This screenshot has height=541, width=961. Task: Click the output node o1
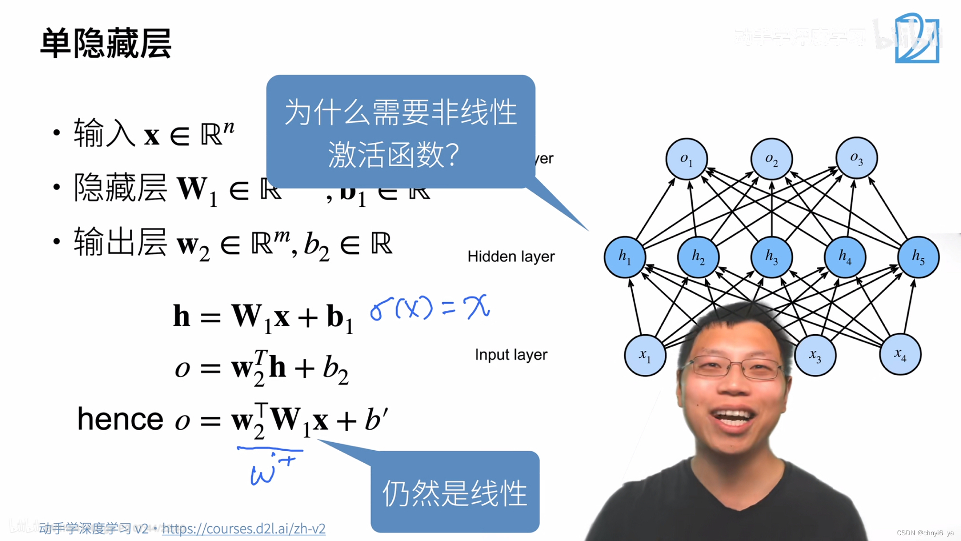686,159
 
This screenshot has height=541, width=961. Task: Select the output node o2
771,159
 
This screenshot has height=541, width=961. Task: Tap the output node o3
857,158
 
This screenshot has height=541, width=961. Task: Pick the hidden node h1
625,257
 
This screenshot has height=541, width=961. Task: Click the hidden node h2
698,257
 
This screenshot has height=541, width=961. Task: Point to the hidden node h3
772,257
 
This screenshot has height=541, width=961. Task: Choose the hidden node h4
845,257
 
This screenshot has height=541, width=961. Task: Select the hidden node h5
919,257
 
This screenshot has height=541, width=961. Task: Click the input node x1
645,355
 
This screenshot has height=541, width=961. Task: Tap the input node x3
815,355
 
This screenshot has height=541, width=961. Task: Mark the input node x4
900,354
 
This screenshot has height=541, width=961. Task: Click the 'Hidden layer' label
511,256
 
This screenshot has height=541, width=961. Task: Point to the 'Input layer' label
511,355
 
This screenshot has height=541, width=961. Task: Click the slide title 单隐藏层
105,43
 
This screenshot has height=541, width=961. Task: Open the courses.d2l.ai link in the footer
243,529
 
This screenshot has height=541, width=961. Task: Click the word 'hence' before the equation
120,419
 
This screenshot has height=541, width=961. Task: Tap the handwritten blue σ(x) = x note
429,308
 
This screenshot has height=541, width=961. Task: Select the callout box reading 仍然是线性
455,492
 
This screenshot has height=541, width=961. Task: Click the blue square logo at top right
917,38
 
